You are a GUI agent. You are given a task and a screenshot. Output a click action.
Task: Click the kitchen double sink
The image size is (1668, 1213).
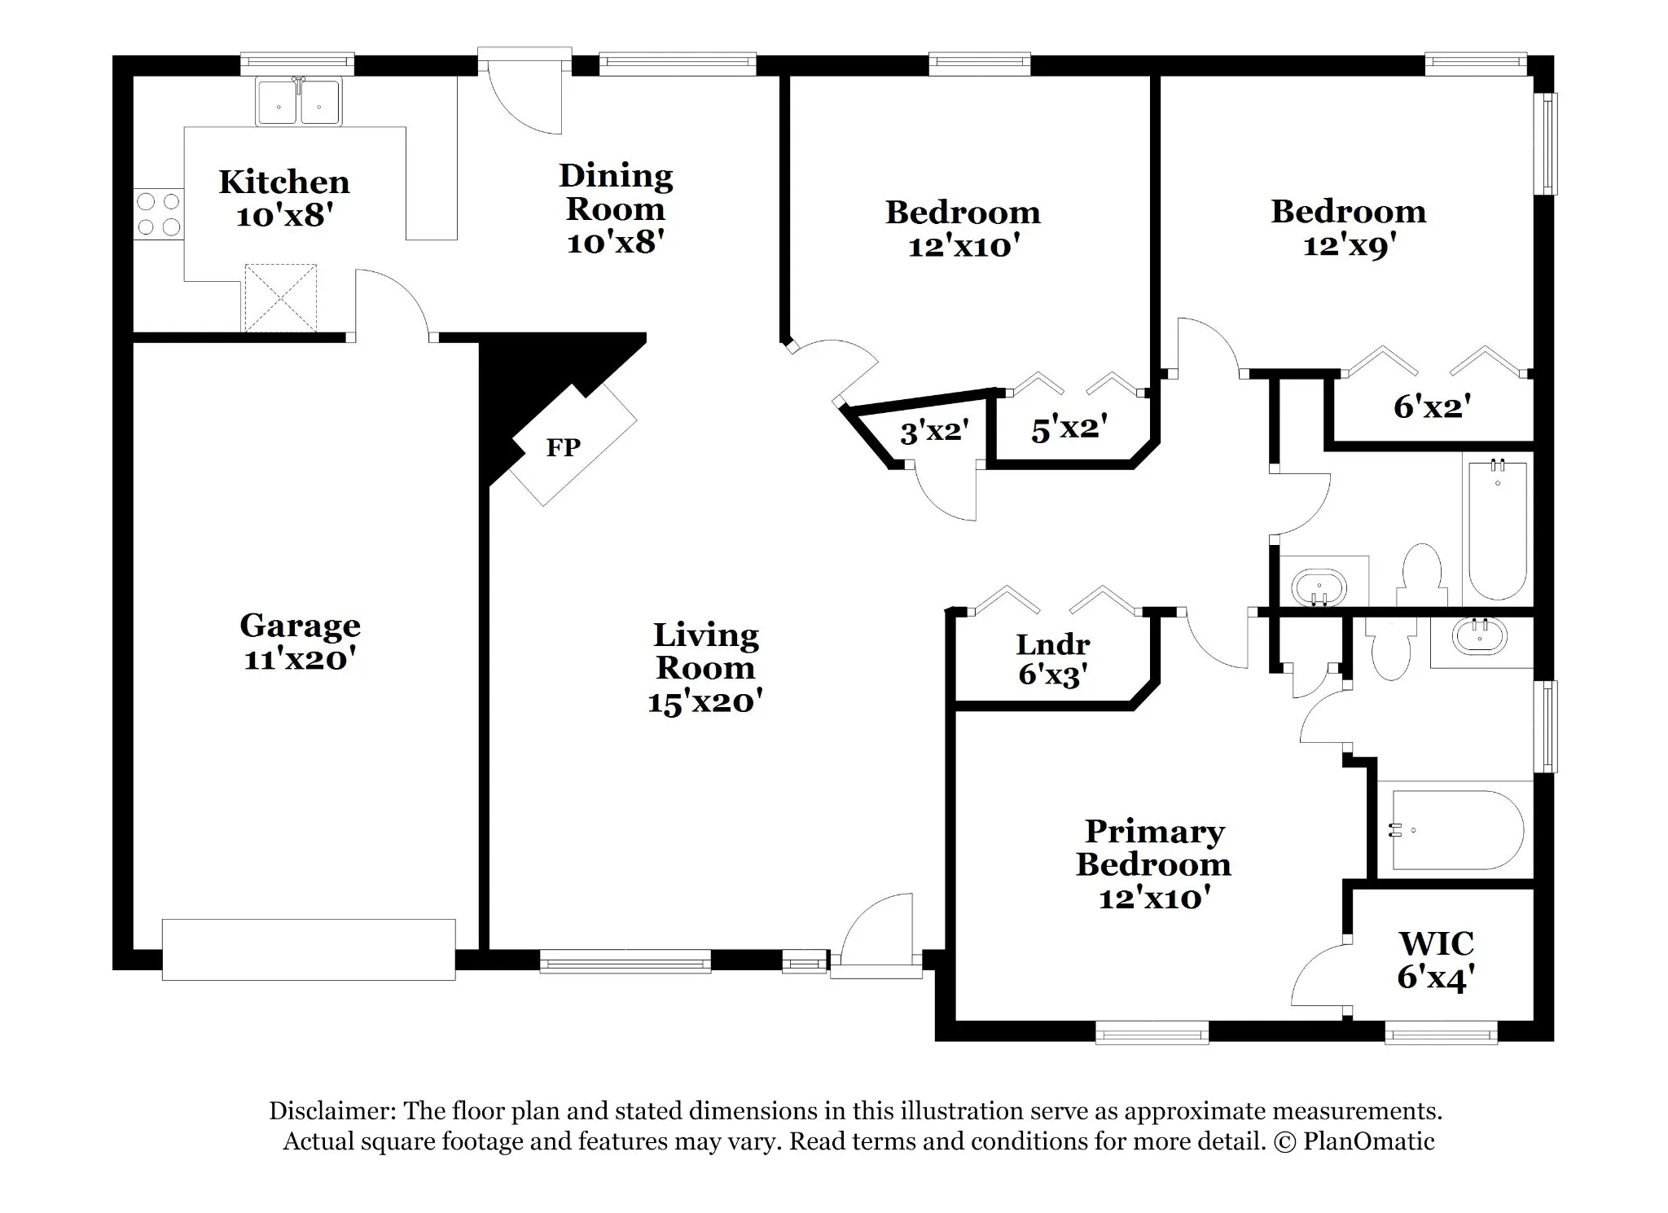pyautogui.click(x=299, y=102)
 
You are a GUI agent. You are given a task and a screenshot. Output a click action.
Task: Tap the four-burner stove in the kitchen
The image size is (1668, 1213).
pyautogui.click(x=159, y=213)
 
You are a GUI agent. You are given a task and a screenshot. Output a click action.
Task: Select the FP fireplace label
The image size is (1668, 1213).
pyautogui.click(x=563, y=447)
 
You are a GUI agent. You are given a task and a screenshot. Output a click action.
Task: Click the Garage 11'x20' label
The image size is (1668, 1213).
pyautogui.click(x=301, y=642)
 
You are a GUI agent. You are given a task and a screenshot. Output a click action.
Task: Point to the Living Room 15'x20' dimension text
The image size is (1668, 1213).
pyautogui.click(x=705, y=701)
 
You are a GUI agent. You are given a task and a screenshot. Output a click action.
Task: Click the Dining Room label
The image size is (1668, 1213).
pyautogui.click(x=616, y=192)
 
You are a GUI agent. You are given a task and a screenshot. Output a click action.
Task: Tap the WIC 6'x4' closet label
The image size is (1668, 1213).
pyautogui.click(x=1436, y=960)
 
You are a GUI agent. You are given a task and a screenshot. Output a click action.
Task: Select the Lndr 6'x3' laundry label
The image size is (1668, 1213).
pyautogui.click(x=1053, y=659)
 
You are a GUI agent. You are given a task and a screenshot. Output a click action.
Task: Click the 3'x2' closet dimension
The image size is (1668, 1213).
pyautogui.click(x=934, y=431)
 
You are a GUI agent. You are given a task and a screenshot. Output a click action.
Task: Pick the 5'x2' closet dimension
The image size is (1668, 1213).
pyautogui.click(x=1069, y=429)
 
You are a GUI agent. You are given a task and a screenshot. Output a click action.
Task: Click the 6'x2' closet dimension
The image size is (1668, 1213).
pyautogui.click(x=1432, y=406)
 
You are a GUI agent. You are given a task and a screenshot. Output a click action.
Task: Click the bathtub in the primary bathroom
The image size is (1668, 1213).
pyautogui.click(x=1458, y=830)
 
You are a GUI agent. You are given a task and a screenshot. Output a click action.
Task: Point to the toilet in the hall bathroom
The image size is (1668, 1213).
pyautogui.click(x=1422, y=575)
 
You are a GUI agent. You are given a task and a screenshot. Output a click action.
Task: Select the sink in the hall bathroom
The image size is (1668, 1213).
pyautogui.click(x=1319, y=587)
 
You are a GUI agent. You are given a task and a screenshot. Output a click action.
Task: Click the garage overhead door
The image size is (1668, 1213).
pyautogui.click(x=309, y=949)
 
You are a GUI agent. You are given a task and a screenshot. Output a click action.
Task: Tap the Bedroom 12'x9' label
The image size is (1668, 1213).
pyautogui.click(x=1349, y=228)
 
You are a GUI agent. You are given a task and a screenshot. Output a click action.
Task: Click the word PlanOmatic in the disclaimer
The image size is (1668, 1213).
pyautogui.click(x=1368, y=1141)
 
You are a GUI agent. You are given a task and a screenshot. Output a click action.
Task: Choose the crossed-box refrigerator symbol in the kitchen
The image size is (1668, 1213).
pyautogui.click(x=281, y=298)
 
